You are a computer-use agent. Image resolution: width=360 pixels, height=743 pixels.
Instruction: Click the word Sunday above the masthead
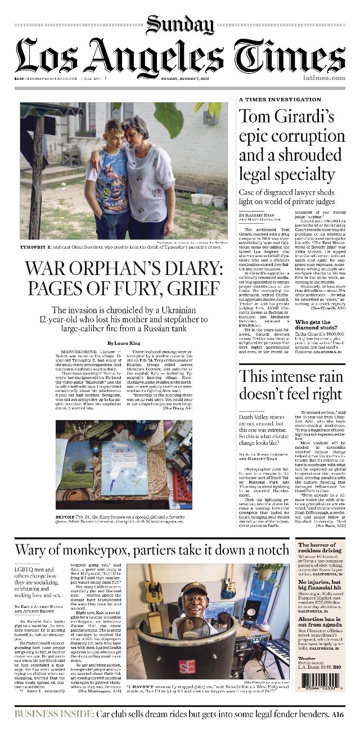click(x=179, y=25)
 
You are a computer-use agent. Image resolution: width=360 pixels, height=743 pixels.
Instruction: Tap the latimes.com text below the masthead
click(x=323, y=78)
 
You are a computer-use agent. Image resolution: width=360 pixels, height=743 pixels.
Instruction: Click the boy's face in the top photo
click(x=113, y=130)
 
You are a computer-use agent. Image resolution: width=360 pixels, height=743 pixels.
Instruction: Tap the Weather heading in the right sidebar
click(x=307, y=658)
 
